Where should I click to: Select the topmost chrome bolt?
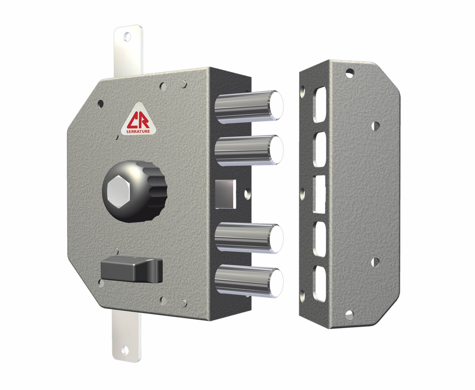pyautogui.click(x=249, y=106)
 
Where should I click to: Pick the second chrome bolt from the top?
pyautogui.click(x=249, y=150)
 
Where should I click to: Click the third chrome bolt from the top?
pyautogui.click(x=249, y=237)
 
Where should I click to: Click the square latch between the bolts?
pyautogui.click(x=226, y=193)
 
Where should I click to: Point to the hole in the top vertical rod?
pyautogui.click(x=127, y=37)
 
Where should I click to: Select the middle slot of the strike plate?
pyautogui.click(x=319, y=194)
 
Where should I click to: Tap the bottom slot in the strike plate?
pyautogui.click(x=319, y=284)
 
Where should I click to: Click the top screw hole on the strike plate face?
pyautogui.click(x=349, y=73)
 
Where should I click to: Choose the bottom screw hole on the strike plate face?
pyautogui.click(x=349, y=314)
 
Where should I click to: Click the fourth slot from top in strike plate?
pyautogui.click(x=319, y=239)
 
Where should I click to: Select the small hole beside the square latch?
pyautogui.click(x=246, y=193)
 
